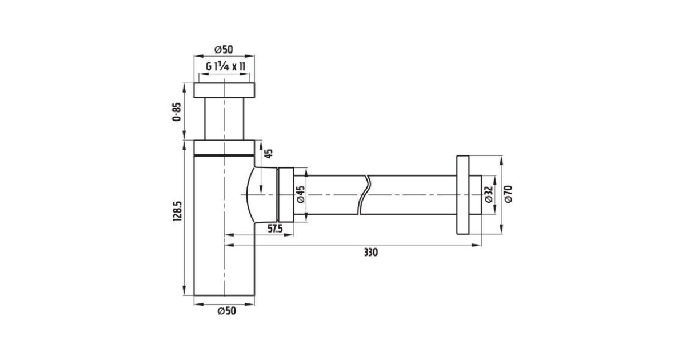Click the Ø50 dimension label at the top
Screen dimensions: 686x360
click(224, 49)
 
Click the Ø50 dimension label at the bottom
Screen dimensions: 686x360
click(226, 311)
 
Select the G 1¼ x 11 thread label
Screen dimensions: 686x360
click(225, 66)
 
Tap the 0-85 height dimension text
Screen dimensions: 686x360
click(177, 112)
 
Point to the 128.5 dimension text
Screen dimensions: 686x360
click(178, 211)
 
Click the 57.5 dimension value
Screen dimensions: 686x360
click(276, 229)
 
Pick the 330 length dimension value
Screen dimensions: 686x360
click(371, 252)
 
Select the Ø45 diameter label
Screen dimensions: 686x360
click(301, 194)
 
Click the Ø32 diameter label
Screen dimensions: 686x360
click(489, 194)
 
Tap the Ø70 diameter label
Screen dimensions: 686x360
click(508, 194)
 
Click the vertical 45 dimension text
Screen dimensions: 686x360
click(269, 153)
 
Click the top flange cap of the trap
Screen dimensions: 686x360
click(224, 90)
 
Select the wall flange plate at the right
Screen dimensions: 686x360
click(462, 195)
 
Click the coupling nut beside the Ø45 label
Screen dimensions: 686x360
click(286, 194)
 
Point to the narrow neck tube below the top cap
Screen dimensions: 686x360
click(224, 119)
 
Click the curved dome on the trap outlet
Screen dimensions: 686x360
click(250, 195)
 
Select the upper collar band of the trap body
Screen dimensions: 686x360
click(224, 148)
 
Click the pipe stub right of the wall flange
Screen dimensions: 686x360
click(475, 195)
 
